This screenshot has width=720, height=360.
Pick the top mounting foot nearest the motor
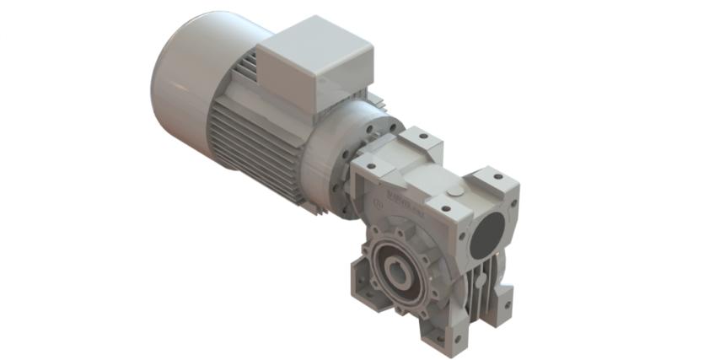419,142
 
